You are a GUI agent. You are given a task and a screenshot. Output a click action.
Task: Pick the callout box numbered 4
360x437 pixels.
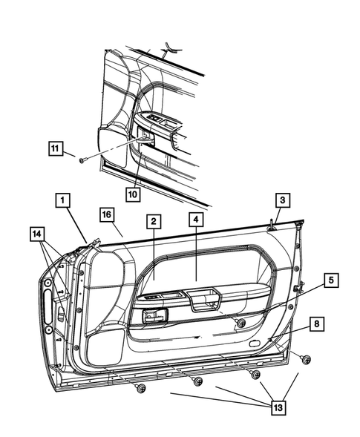[x=196, y=221]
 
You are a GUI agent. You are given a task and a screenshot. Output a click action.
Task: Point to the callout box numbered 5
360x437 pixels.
[x=331, y=280]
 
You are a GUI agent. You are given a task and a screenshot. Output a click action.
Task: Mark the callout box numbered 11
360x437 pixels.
[x=55, y=147]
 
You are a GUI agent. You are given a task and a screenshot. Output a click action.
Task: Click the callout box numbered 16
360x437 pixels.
[x=107, y=215]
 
